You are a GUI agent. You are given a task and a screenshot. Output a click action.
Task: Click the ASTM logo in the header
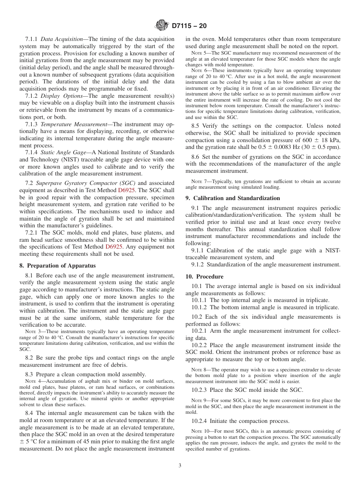pos(162,26)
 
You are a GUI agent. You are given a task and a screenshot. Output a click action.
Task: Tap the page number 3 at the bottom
pos(180,466)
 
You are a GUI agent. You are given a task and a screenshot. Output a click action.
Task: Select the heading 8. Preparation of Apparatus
pos(58,266)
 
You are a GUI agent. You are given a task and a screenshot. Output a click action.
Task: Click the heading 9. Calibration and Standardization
pos(233,198)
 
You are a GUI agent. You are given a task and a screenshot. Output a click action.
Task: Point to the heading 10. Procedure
pos(204,277)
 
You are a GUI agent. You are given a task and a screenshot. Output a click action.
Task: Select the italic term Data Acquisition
pos(61,39)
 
